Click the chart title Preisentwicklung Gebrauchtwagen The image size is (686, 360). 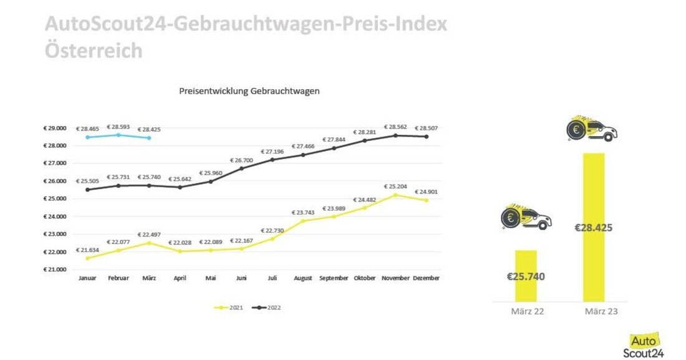[249, 91]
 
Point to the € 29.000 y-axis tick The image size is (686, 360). [55, 128]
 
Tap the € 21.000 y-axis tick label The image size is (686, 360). [55, 270]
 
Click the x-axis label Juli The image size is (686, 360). [272, 278]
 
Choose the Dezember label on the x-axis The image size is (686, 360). [426, 278]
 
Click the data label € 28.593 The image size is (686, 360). [118, 127]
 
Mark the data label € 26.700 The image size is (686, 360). [241, 160]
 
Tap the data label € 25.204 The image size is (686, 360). [395, 186]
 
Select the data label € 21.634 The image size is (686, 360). [87, 250]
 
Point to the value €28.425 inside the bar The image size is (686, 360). [594, 228]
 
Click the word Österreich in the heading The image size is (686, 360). [94, 50]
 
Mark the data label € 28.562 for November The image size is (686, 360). [395, 127]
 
